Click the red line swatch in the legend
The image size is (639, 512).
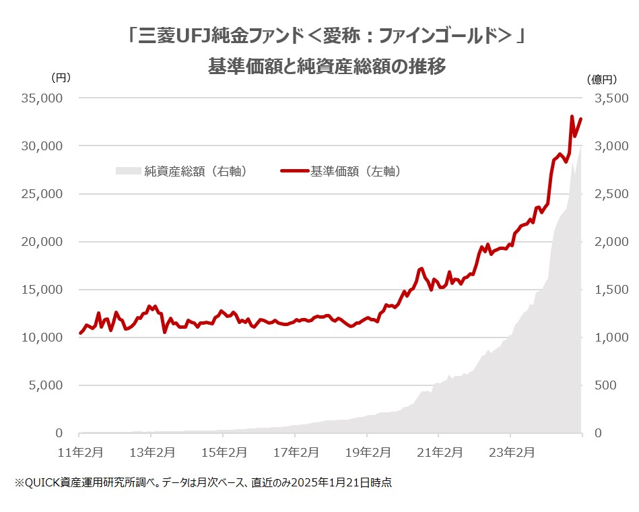[294, 172]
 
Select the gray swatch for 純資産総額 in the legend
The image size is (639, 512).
[129, 172]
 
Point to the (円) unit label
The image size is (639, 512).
[61, 79]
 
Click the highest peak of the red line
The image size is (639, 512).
[572, 117]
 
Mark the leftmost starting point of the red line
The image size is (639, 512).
[80, 333]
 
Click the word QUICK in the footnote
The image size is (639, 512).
[40, 482]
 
